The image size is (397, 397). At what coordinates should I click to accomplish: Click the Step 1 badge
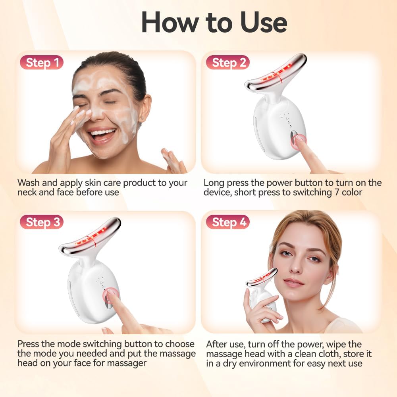click(42, 62)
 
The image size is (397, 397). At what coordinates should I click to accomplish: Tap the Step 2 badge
click(227, 62)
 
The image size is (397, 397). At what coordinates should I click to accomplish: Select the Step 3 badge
click(42, 222)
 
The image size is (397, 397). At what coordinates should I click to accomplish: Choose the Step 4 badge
click(227, 222)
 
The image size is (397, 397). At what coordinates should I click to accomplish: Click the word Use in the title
click(264, 23)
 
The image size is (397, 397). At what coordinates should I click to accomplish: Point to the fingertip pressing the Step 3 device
click(110, 293)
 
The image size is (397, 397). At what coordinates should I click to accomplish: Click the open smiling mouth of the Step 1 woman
click(102, 135)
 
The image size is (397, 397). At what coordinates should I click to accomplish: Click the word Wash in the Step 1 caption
click(28, 183)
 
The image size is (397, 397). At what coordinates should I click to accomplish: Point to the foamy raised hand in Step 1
click(174, 160)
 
